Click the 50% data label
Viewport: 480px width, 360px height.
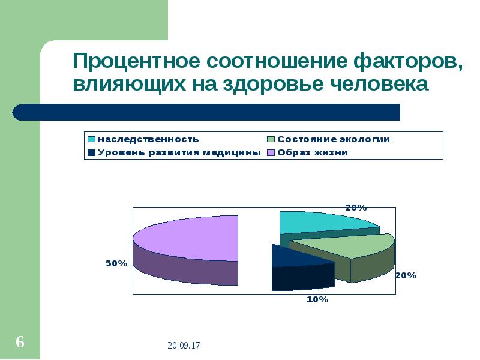coord(116,263)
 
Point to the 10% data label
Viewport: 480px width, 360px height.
coord(317,299)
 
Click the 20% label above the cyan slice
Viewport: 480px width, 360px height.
coord(356,207)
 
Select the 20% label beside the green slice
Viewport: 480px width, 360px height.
coord(406,275)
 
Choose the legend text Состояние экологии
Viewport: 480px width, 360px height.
coord(334,139)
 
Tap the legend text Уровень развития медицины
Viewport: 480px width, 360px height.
coord(179,152)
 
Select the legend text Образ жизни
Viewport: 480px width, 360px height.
coord(312,152)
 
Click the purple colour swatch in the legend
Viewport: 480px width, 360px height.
coord(271,152)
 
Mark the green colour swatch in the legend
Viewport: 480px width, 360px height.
coord(271,139)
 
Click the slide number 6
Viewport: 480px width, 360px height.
coord(20,343)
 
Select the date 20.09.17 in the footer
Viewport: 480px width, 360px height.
coord(184,346)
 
